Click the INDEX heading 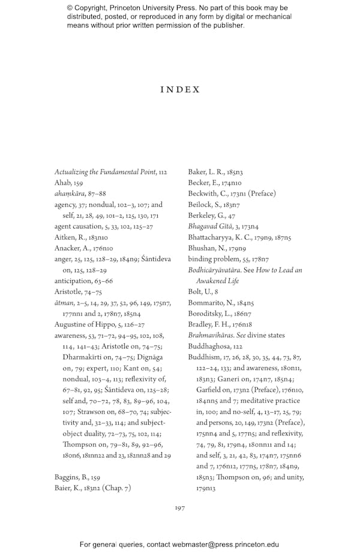[x=179, y=89]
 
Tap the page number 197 [x=179, y=508]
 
